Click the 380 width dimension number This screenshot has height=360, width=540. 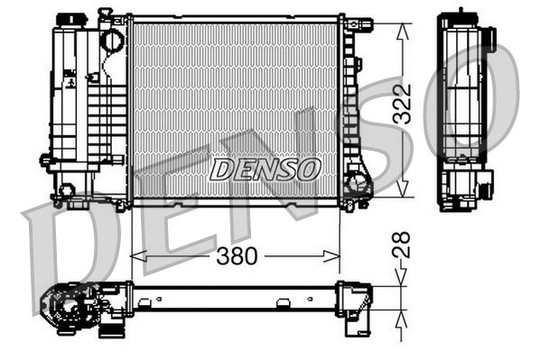click(237, 256)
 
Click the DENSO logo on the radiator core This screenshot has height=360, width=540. click(265, 168)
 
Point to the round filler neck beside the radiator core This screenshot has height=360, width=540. click(111, 41)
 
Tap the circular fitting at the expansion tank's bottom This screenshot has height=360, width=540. click(66, 190)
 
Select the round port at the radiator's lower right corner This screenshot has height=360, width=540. click(358, 188)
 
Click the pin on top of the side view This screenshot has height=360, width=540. click(461, 13)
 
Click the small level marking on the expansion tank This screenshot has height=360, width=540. click(69, 80)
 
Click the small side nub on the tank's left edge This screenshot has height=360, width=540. click(44, 160)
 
